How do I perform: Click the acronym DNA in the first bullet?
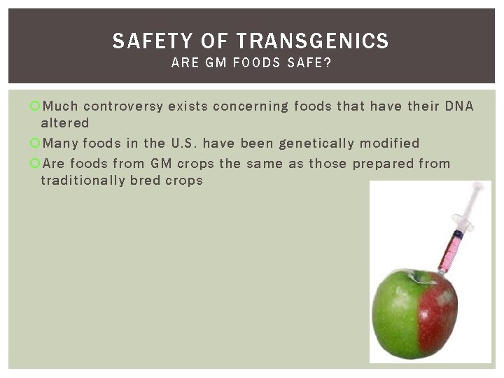(459, 106)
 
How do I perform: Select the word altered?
(65, 123)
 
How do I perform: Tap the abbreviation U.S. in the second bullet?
(183, 143)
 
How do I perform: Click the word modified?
(390, 143)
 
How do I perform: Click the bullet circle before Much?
(35, 106)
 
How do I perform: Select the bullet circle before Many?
(35, 143)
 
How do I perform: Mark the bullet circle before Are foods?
(35, 164)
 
